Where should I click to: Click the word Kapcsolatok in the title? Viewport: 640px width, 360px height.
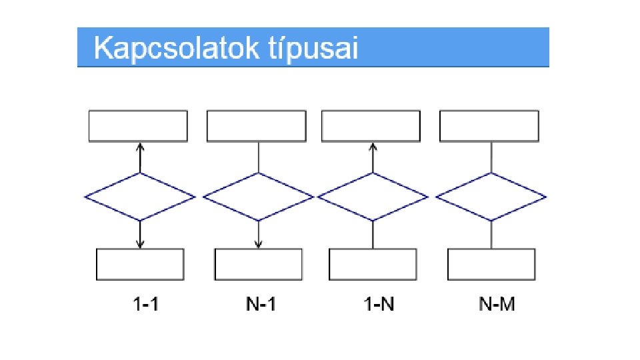tap(175, 49)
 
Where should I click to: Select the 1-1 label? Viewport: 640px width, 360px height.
tap(146, 305)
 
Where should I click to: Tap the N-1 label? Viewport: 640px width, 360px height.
tap(261, 305)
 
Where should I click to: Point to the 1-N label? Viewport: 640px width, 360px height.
tap(379, 305)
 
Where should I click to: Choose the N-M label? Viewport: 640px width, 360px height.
tap(497, 305)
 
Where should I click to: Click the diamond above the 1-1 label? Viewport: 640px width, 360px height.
tap(140, 197)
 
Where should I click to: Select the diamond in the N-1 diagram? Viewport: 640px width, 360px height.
tap(258, 197)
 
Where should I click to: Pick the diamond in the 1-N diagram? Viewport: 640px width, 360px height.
tap(373, 197)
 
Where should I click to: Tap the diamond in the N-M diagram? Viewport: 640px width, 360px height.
tap(491, 197)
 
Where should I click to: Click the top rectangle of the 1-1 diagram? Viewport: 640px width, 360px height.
tap(138, 126)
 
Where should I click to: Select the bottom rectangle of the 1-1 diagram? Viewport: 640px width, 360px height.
tap(140, 265)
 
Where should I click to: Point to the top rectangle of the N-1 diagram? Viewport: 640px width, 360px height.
tap(257, 126)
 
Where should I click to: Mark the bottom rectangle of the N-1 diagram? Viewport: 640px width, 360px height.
tap(258, 265)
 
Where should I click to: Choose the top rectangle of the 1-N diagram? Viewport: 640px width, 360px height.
tap(371, 126)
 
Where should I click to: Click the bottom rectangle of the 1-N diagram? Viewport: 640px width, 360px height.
tap(373, 265)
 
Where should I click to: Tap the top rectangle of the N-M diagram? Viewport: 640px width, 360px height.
tap(489, 126)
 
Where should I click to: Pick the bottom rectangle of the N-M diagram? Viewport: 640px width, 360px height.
tap(491, 265)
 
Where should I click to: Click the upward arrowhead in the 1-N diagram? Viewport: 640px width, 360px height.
tap(373, 147)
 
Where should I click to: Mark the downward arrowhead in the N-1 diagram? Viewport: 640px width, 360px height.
tap(258, 244)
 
